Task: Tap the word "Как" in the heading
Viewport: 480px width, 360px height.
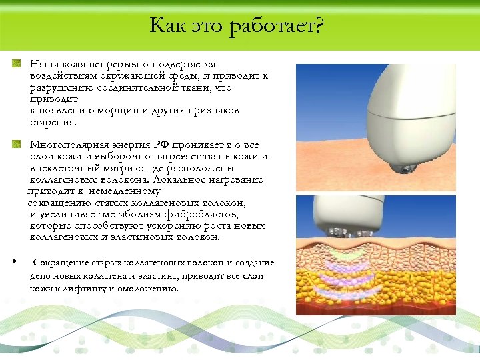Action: (167, 26)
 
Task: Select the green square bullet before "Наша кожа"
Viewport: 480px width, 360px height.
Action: (17, 64)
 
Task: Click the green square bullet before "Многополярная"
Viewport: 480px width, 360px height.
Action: (17, 145)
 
